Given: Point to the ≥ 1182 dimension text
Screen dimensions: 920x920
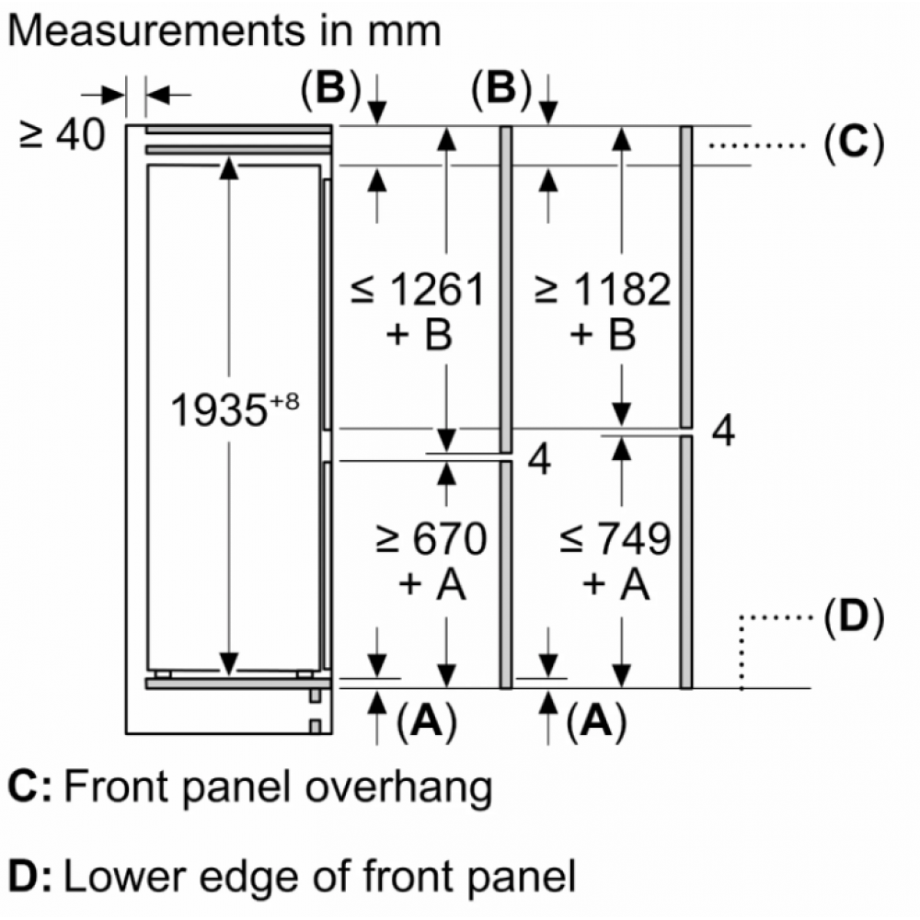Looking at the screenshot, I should [x=603, y=290].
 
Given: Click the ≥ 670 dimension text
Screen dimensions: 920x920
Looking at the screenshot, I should [x=431, y=539].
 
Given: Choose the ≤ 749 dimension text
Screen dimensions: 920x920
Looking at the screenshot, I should [x=615, y=539].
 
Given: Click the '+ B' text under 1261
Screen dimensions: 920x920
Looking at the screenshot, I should [x=419, y=336].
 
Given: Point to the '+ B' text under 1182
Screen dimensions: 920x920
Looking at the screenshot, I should [x=603, y=336].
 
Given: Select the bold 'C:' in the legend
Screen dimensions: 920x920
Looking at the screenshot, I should [x=29, y=788].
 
